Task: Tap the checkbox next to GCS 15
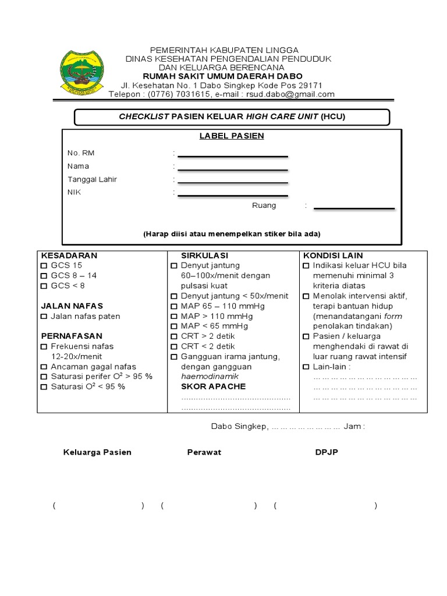point(44,265)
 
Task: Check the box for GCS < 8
point(44,286)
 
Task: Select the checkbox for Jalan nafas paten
point(44,317)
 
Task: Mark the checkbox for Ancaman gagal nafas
point(44,367)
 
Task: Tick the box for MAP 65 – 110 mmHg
point(174,306)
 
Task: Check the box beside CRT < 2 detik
point(174,346)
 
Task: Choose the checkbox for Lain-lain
point(306,367)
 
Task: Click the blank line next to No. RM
point(233,155)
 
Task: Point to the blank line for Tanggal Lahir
point(233,182)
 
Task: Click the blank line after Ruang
point(354,208)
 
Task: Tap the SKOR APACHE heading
point(213,386)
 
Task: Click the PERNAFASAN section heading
point(72,336)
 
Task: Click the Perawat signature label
point(204,452)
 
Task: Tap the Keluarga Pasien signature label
point(97,452)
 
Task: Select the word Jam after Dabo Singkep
point(353,427)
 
